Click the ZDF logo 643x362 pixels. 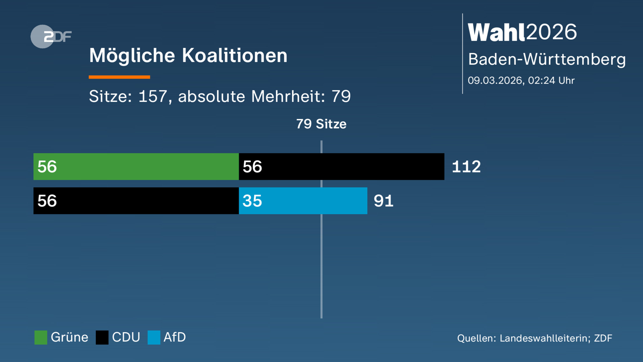tap(51, 36)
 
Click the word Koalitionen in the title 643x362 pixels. tap(234, 56)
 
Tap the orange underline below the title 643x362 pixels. tap(119, 77)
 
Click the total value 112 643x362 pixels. tap(466, 167)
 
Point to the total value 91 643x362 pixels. tap(383, 201)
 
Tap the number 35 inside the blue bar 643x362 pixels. tap(252, 201)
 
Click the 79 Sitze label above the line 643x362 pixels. tap(321, 124)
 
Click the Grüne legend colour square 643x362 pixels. tap(41, 337)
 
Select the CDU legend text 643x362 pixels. tap(126, 337)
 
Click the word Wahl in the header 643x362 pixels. tap(496, 32)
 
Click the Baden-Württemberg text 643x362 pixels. tap(547, 59)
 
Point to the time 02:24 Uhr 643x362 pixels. tap(551, 80)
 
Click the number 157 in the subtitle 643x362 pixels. tap(153, 96)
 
